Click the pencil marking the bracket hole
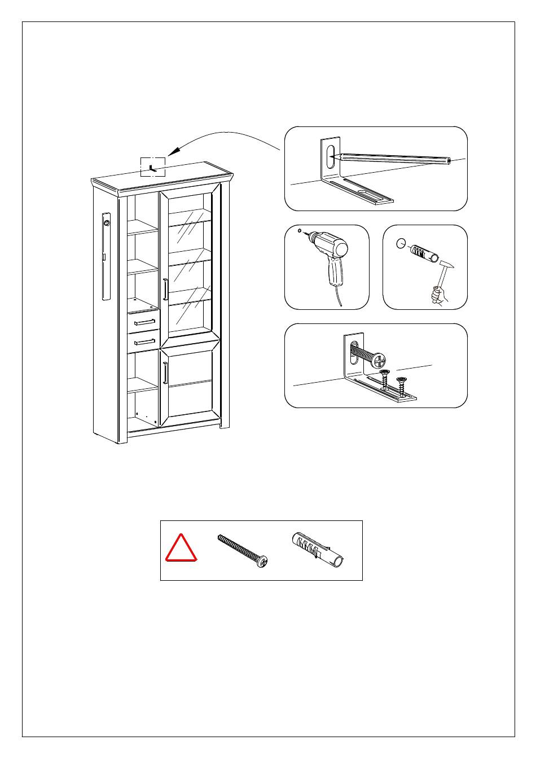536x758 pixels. pyautogui.click(x=395, y=158)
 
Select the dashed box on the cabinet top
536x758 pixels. pyautogui.click(x=153, y=167)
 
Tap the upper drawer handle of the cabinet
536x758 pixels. pyautogui.click(x=144, y=322)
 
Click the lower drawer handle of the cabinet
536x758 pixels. pyautogui.click(x=144, y=341)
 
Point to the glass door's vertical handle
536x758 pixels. pyautogui.click(x=165, y=290)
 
